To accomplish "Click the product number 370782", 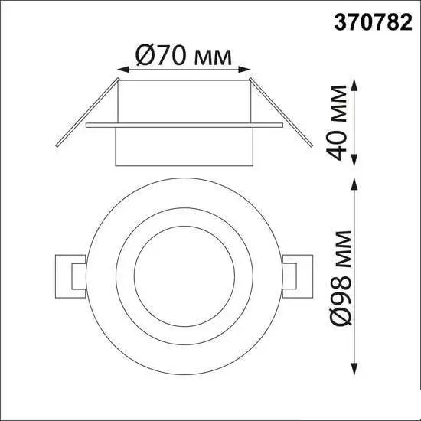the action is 373,22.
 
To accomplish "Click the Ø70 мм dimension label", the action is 184,55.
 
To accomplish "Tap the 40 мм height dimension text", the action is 337,122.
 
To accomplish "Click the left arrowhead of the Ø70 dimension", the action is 123,70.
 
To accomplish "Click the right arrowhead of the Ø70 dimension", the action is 244,70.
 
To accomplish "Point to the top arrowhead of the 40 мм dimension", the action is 355,86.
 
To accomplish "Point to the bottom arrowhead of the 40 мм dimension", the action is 355,160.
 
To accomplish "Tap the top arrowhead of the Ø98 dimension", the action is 355,184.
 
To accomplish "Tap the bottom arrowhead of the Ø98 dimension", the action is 355,368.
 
